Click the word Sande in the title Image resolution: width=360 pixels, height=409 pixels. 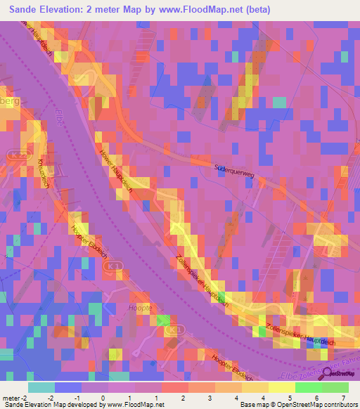point(27,9)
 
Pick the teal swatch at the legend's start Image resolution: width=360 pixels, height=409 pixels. point(41,387)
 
